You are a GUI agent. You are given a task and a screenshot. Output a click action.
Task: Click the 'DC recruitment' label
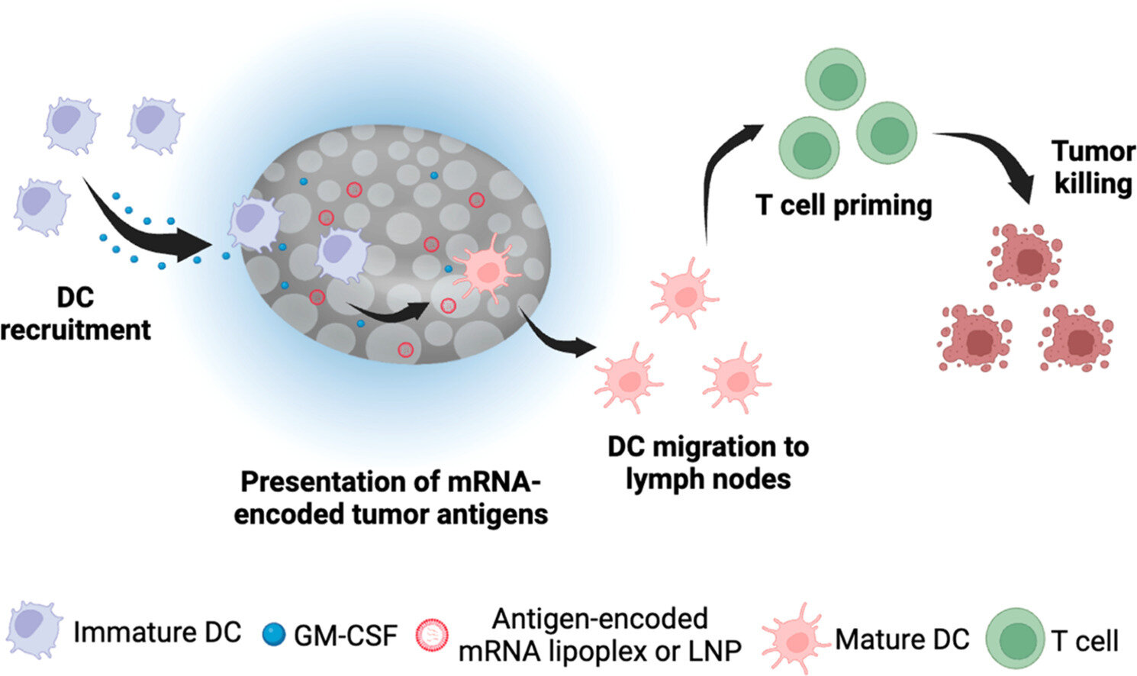point(76,314)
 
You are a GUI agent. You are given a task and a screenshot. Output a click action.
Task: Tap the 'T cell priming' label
point(844,205)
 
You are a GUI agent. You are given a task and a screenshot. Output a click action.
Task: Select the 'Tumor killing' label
point(1094,167)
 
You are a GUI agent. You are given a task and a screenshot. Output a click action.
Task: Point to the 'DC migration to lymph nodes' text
point(707,462)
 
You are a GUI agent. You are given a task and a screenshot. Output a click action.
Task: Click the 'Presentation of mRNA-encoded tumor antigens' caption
point(391,497)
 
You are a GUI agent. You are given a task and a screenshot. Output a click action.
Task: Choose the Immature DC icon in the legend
point(34,630)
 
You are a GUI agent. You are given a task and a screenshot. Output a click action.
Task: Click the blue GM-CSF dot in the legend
point(273,634)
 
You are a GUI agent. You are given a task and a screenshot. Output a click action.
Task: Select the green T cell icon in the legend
point(1016,639)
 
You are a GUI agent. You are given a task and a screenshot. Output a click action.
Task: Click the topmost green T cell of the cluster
point(836,79)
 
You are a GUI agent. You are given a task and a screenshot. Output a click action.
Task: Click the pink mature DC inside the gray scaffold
point(482,269)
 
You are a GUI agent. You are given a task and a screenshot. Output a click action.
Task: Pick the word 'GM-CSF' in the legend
point(346,635)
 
